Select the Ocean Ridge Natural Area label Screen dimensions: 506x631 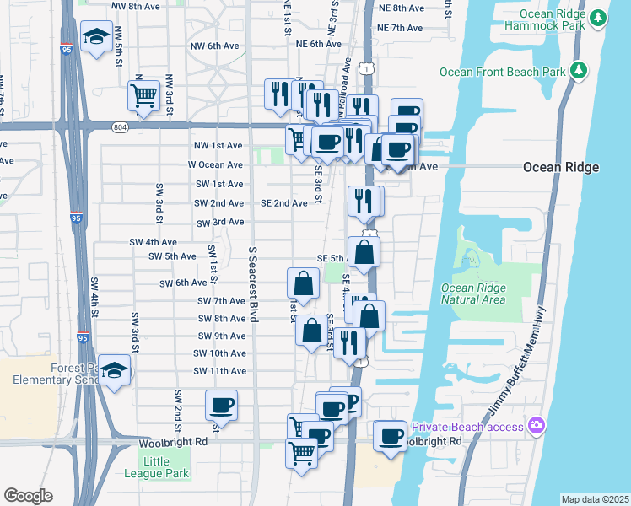click(x=473, y=293)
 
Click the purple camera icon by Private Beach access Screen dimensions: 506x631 click(x=535, y=425)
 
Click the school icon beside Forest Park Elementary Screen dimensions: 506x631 click(x=114, y=370)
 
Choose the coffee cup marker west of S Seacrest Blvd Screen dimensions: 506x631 click(x=222, y=405)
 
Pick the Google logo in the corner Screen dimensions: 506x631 click(x=28, y=496)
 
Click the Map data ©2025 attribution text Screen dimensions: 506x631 click(x=595, y=499)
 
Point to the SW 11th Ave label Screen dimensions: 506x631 click(x=219, y=371)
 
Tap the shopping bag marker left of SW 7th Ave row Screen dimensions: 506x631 click(x=304, y=283)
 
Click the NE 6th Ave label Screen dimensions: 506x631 click(x=319, y=44)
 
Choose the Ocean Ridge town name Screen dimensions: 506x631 click(x=561, y=167)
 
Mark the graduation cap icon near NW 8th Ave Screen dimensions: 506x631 click(x=96, y=36)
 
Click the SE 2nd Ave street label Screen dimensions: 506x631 click(x=283, y=203)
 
